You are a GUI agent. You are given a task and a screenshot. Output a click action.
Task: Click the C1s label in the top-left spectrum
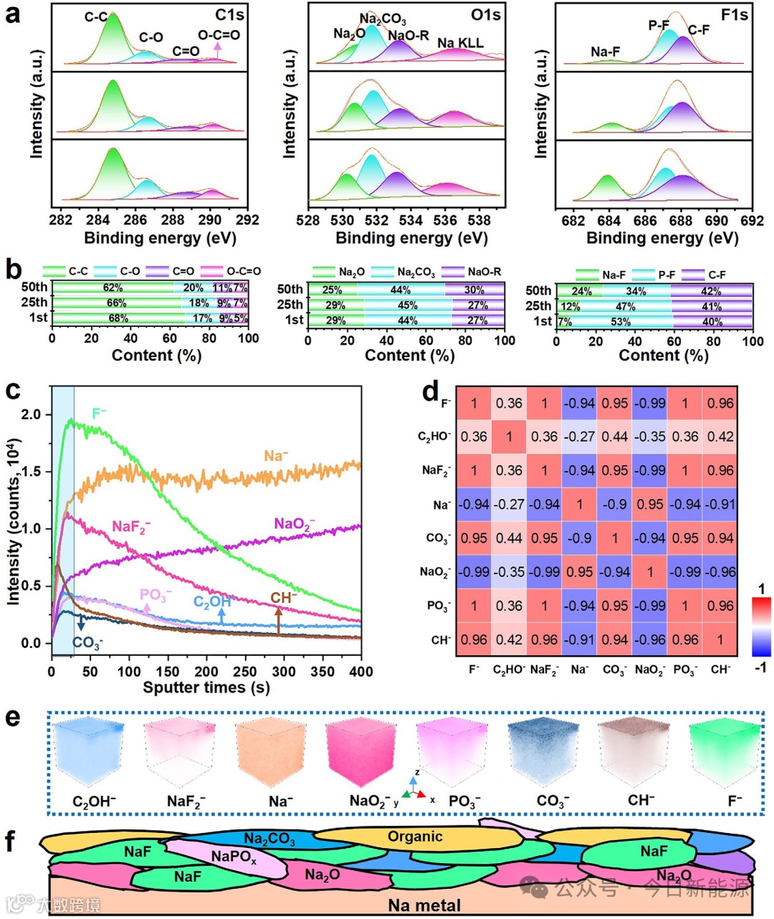[x=229, y=15]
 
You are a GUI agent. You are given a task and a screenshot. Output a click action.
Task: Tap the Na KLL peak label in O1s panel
[x=460, y=44]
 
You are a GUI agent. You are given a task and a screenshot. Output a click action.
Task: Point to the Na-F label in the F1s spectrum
[x=606, y=52]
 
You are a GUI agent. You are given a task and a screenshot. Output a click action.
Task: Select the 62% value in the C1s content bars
[x=113, y=288]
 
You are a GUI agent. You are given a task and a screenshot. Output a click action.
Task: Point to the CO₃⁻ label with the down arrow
[x=87, y=642]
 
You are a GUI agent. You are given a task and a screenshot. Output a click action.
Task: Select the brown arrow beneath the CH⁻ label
[x=279, y=619]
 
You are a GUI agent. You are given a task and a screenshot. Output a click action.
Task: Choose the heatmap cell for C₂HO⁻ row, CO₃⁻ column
[x=615, y=437]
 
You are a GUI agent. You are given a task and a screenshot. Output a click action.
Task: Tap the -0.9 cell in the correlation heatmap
[x=615, y=505]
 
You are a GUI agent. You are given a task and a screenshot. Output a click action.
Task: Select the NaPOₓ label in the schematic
[x=234, y=856]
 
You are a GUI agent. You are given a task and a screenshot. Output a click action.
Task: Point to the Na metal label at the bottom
[x=424, y=905]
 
